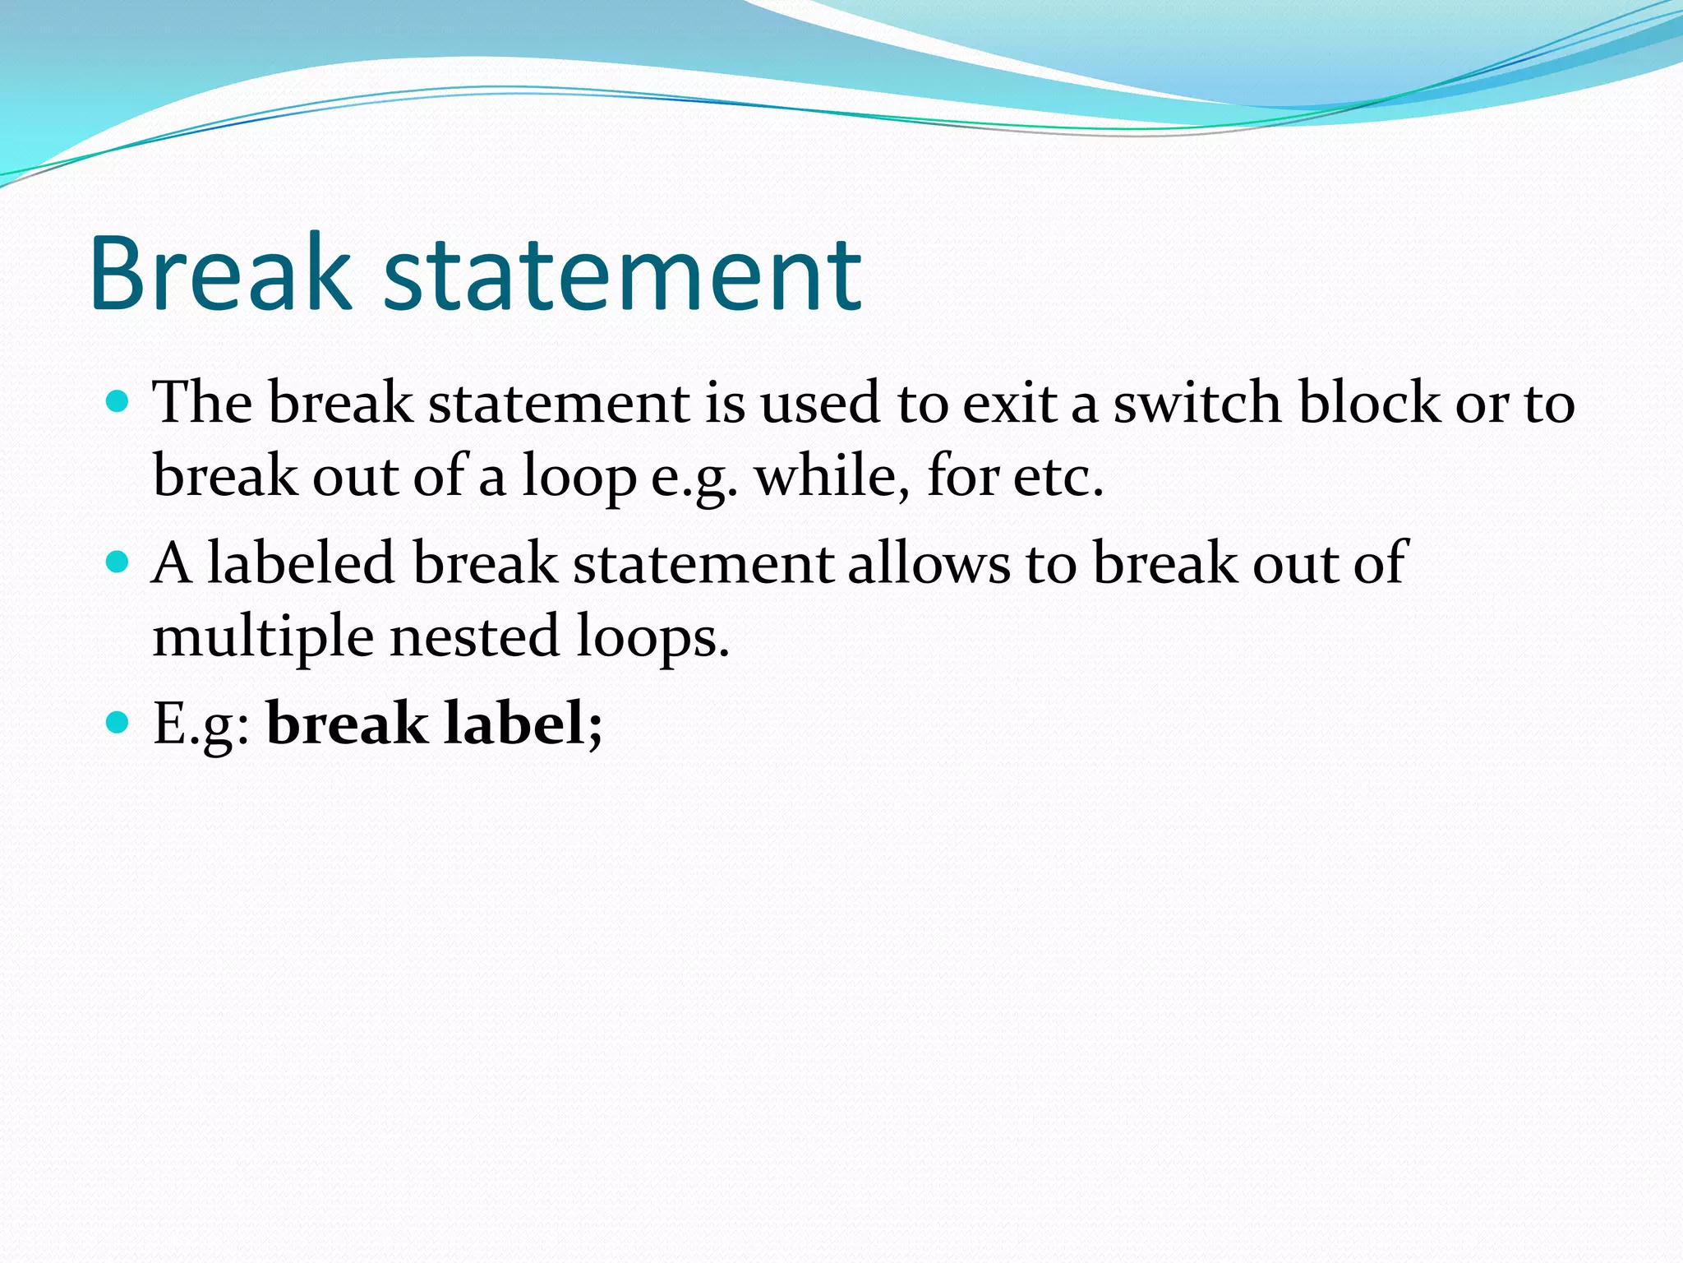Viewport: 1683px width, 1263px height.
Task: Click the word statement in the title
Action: click(x=622, y=275)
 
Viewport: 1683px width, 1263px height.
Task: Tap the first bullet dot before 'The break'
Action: click(x=118, y=402)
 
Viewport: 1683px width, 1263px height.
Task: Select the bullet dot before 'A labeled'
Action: click(x=118, y=562)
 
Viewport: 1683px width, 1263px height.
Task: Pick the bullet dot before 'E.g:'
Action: click(x=118, y=723)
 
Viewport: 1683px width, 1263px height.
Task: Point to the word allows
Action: click(x=929, y=563)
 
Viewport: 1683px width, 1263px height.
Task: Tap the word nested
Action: click(x=474, y=636)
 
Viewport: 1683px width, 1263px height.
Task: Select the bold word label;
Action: click(x=523, y=724)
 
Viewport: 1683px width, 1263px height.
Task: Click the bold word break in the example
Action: click(x=346, y=724)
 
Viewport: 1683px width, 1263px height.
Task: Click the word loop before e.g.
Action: click(x=579, y=478)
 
